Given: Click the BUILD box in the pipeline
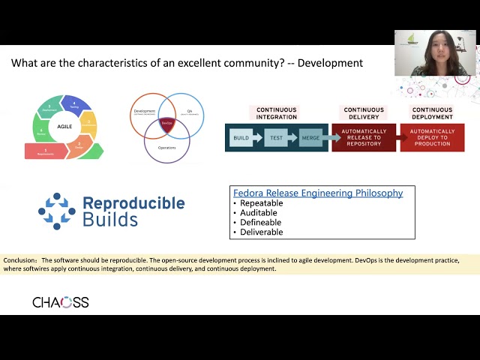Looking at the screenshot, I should click(x=241, y=139).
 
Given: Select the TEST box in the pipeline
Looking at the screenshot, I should click(x=276, y=139).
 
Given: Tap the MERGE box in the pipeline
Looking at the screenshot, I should click(x=310, y=139).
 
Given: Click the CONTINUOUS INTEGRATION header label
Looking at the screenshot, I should click(x=277, y=113).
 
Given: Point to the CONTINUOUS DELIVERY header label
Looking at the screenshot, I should click(x=364, y=113).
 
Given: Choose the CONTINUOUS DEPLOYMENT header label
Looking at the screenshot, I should click(x=432, y=113).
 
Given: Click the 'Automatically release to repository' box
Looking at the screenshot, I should click(x=364, y=139).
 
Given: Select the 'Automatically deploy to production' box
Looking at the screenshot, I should click(x=432, y=139).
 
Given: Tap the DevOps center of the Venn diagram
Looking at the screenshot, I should click(x=166, y=123).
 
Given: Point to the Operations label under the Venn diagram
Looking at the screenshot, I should click(x=166, y=148).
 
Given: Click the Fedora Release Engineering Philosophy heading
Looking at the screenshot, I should click(x=318, y=193).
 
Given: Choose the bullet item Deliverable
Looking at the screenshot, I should click(x=262, y=232).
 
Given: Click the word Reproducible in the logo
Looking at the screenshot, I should click(x=133, y=203).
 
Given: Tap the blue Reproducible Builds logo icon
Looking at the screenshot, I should click(x=57, y=211).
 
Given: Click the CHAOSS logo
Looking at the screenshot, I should click(x=61, y=302).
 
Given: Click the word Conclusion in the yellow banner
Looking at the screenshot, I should click(x=20, y=260).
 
